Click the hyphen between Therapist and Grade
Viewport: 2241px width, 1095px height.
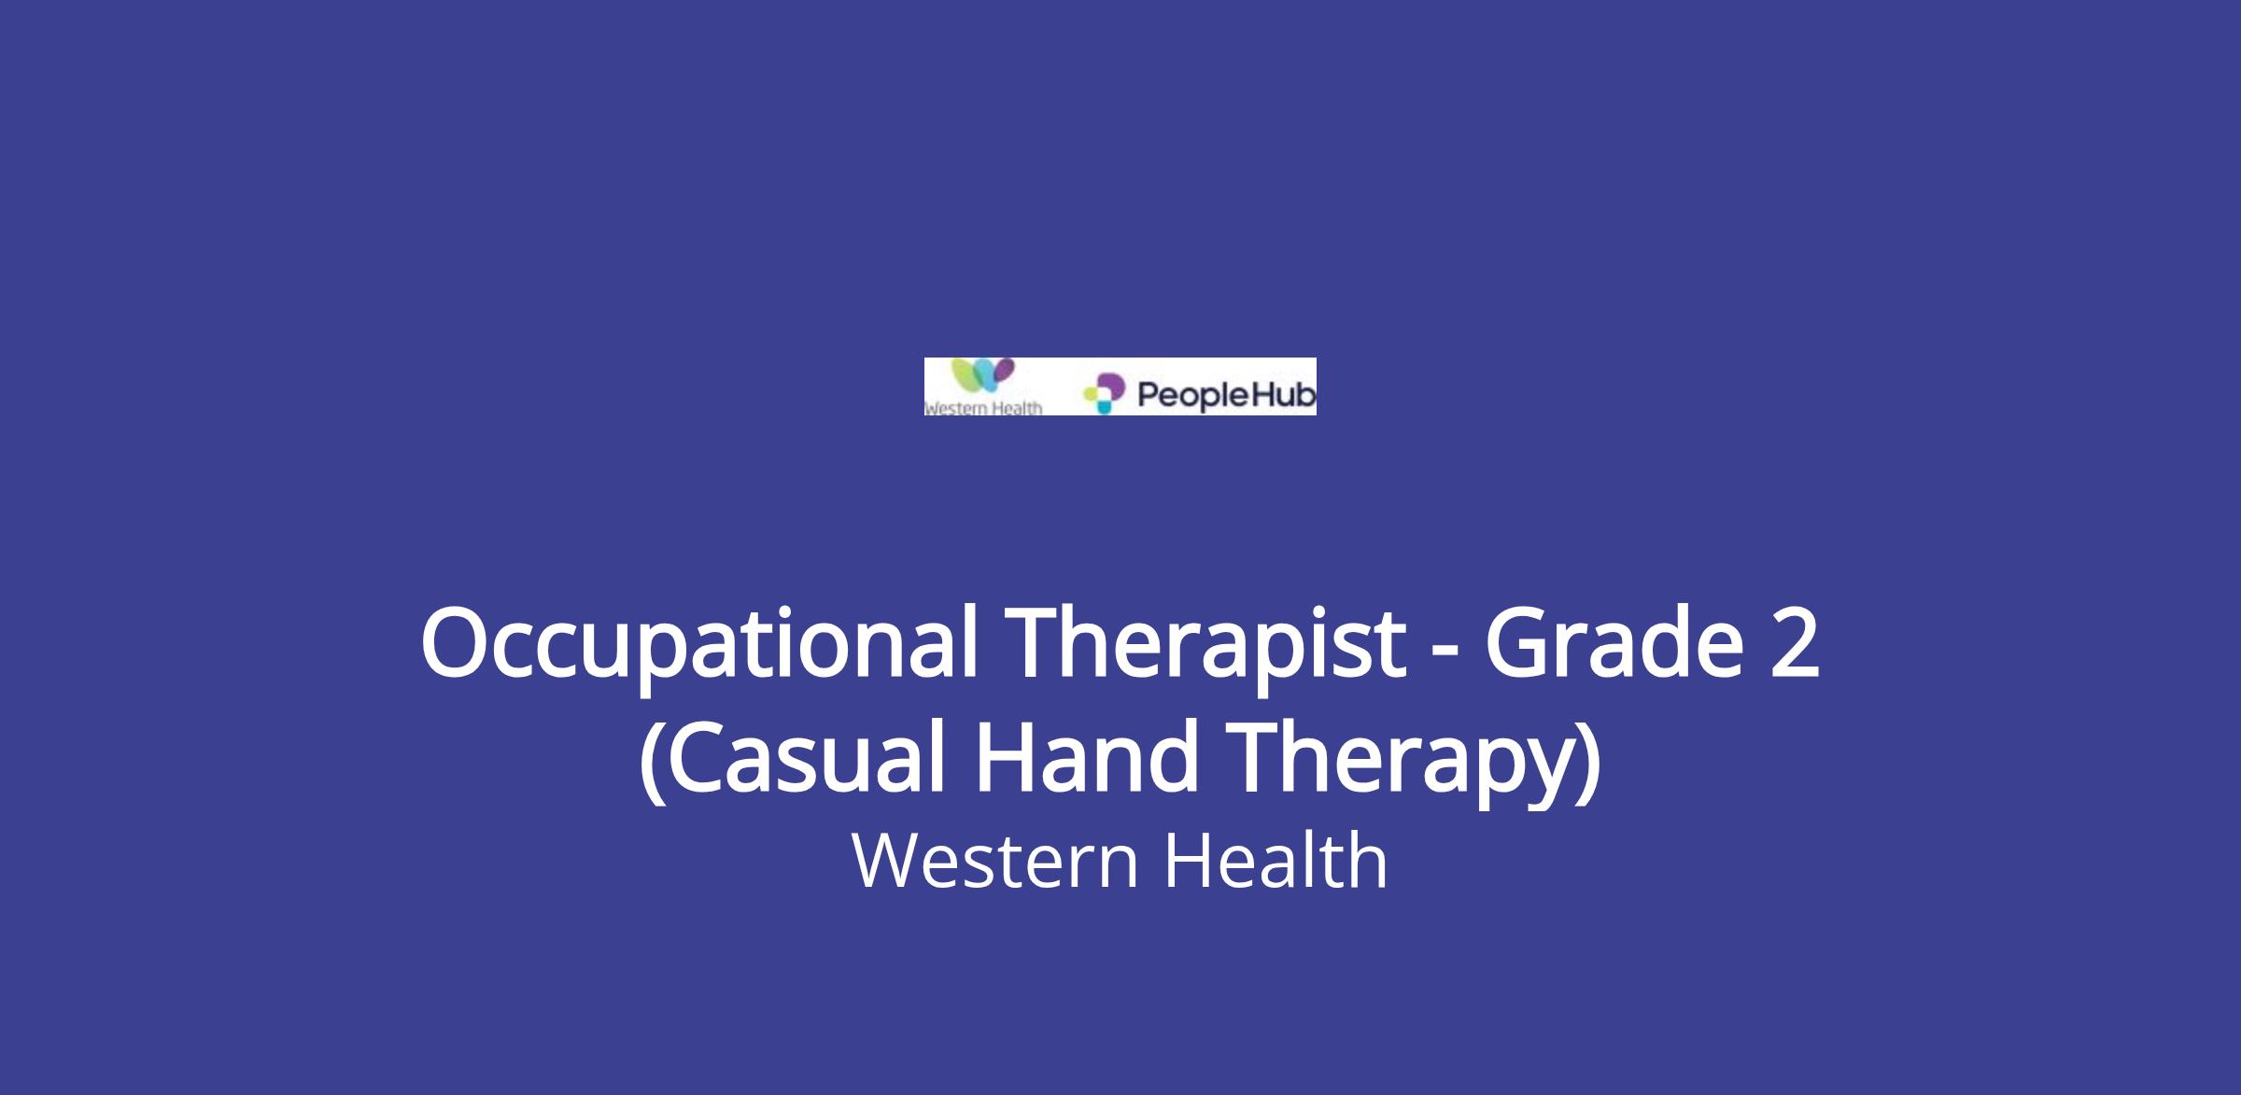(1446, 652)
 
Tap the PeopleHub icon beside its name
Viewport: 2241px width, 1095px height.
(1105, 394)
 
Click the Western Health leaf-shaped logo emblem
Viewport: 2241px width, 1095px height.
(981, 377)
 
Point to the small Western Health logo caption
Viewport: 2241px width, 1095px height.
(983, 408)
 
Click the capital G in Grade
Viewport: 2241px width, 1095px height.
(1519, 642)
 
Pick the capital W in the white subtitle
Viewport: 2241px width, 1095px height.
(889, 861)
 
